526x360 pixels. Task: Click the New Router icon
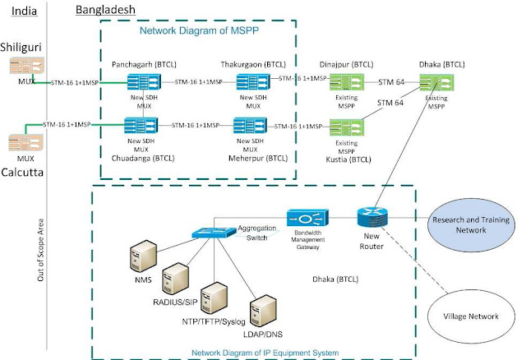click(x=369, y=217)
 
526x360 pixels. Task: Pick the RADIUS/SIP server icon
click(x=175, y=279)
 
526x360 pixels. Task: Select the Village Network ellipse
click(x=470, y=312)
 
